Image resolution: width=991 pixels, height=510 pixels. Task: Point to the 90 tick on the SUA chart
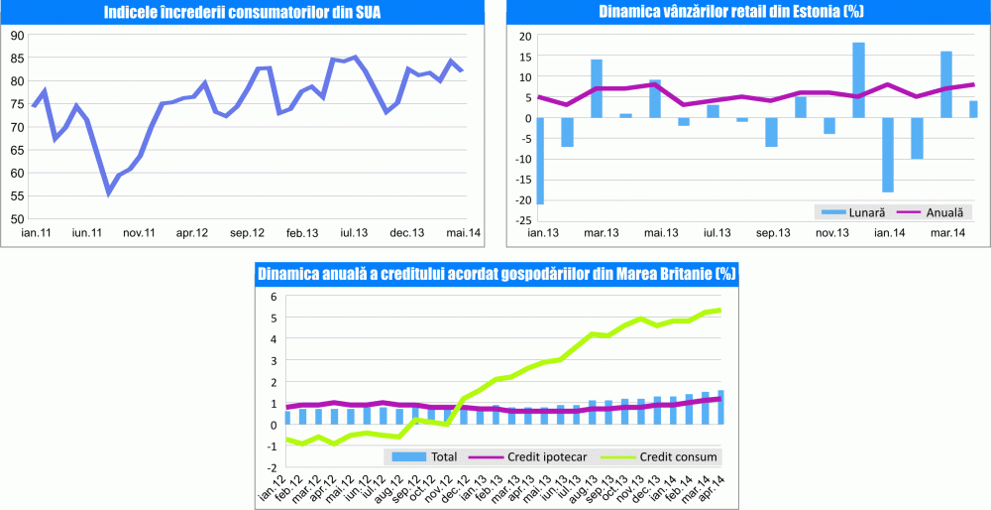(x=17, y=35)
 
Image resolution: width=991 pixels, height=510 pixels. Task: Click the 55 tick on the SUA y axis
(x=17, y=195)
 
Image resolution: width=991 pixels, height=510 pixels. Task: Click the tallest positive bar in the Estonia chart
(x=858, y=80)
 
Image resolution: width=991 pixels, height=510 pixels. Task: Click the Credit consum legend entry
(x=675, y=457)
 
